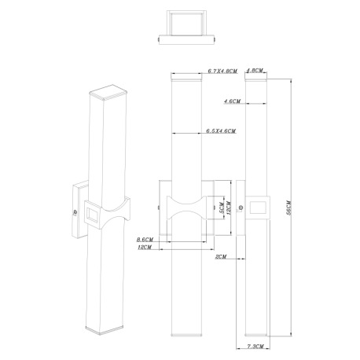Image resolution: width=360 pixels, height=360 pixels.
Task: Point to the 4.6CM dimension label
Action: point(233,101)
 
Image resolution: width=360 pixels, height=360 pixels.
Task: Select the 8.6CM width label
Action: point(144,239)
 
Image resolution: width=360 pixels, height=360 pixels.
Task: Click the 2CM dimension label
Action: point(220,256)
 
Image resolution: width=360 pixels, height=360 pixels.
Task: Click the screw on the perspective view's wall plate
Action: point(75,211)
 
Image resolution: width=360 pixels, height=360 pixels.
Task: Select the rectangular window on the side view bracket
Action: point(258,208)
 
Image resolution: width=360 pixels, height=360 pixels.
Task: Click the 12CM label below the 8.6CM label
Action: point(145,247)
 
